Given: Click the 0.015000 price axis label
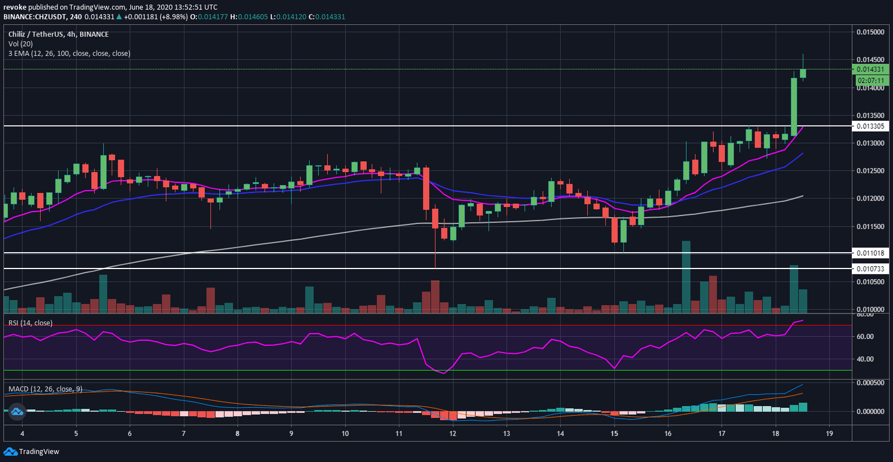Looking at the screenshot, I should point(870,31).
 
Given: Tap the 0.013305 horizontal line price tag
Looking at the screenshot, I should point(870,126).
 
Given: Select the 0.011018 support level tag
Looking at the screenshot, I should point(870,253).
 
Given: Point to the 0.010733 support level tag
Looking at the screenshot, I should point(870,268).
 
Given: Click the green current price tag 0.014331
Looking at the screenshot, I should point(870,69).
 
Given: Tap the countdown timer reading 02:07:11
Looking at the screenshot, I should point(870,80).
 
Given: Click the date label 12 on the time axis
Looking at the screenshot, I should point(452,434).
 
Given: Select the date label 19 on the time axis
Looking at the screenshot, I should point(830,434).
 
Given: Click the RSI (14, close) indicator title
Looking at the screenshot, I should point(30,323).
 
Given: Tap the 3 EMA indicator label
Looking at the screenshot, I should point(69,53).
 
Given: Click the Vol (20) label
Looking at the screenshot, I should point(21,44).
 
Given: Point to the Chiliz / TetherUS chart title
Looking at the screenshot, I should point(58,34).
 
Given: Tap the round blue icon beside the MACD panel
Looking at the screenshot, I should point(16,411).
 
